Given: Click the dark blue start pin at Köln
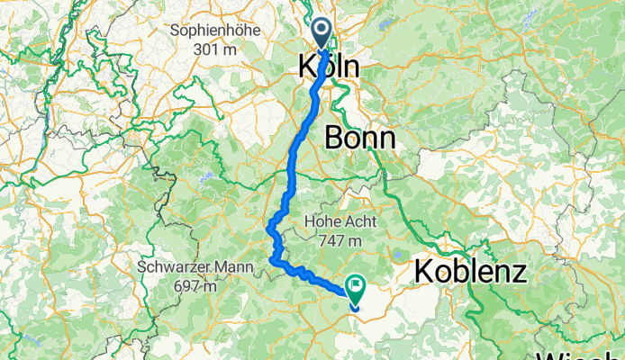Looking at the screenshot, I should [323, 34].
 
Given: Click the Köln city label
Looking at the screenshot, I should [328, 67].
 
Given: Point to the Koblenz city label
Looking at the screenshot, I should [470, 270].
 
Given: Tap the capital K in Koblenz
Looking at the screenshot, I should [424, 270].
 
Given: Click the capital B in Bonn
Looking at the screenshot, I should [332, 138].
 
